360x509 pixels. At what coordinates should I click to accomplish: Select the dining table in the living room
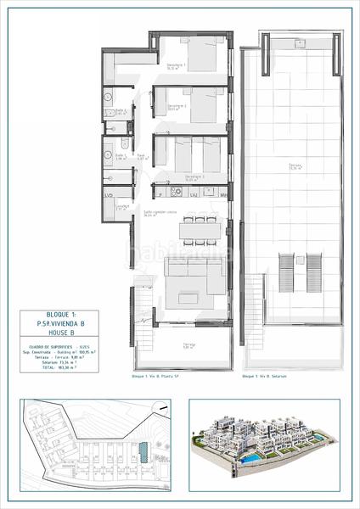click(x=202, y=229)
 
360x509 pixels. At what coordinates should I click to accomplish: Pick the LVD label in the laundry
click(x=109, y=195)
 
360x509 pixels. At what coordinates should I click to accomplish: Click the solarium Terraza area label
click(x=293, y=166)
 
